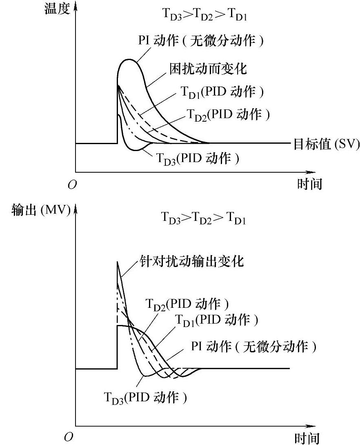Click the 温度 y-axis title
coord(57,9)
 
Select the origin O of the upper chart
coord(72,185)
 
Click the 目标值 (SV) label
coord(326,144)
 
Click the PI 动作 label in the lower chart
coord(253,347)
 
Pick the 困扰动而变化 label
coord(208,69)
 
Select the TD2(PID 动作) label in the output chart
coord(187,304)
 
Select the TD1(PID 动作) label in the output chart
coord(217,320)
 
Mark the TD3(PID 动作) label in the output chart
coord(146,397)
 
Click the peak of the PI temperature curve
coord(130,59)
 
